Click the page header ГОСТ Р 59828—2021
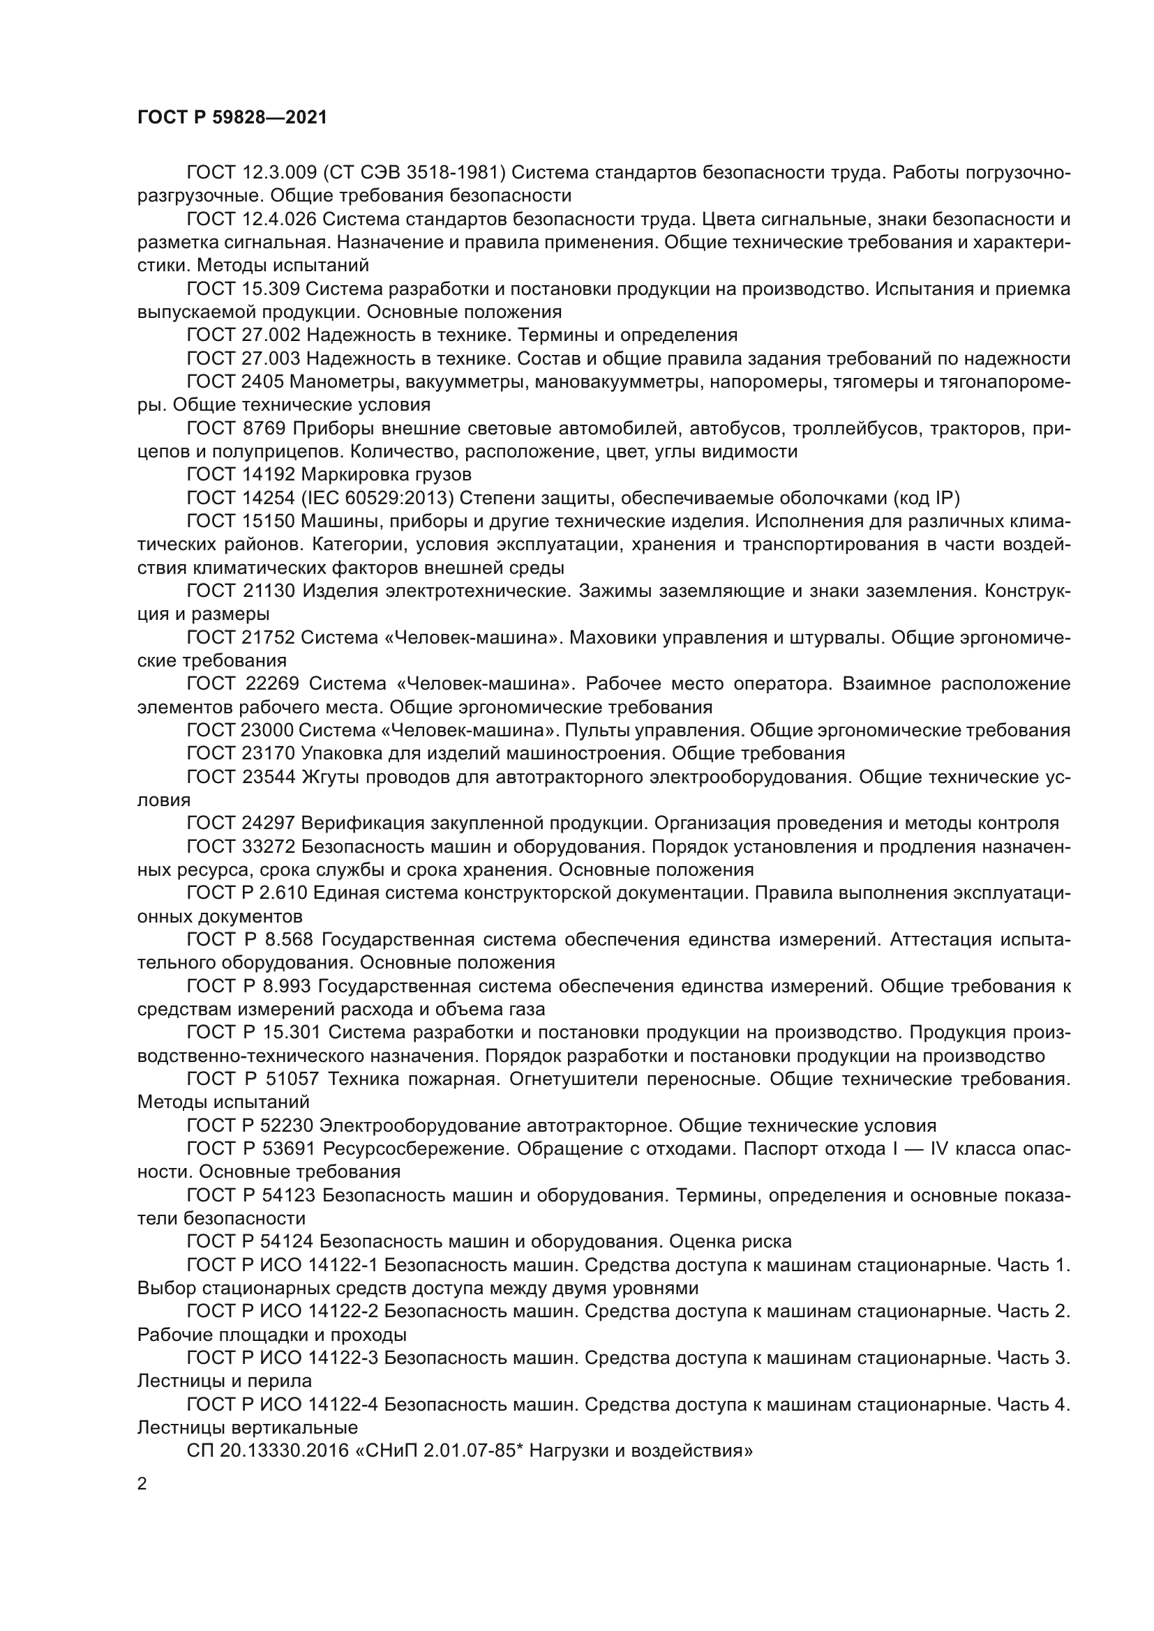pyautogui.click(x=232, y=117)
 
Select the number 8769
pyautogui.click(x=264, y=428)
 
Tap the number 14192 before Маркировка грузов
pyautogui.click(x=269, y=475)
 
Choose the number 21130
pyautogui.click(x=269, y=591)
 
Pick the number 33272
pyautogui.click(x=269, y=847)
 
